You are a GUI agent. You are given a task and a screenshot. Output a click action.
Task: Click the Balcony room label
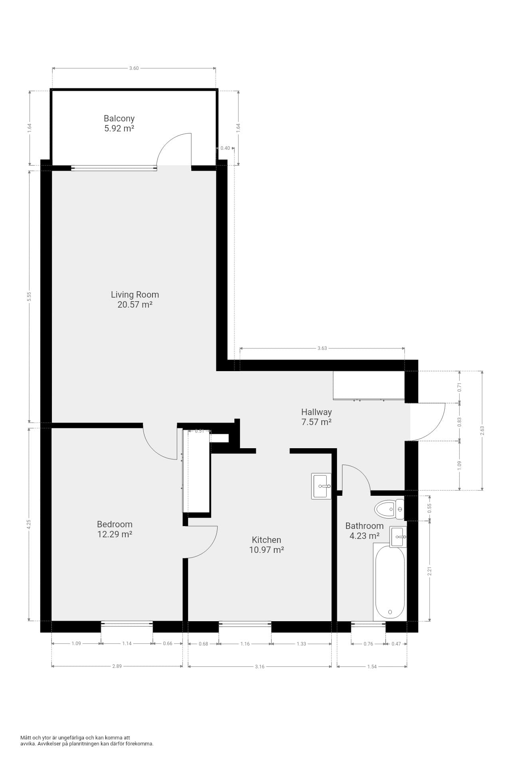(119, 118)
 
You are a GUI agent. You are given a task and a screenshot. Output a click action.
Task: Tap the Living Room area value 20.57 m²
(135, 305)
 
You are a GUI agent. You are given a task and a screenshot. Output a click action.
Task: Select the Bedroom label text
(115, 524)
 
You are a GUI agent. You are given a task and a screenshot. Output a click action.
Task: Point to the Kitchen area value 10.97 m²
(267, 550)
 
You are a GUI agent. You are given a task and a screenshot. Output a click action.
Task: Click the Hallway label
(317, 412)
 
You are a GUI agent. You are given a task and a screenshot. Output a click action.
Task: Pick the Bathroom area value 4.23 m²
(364, 536)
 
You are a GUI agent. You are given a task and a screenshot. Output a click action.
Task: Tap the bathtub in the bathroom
(390, 582)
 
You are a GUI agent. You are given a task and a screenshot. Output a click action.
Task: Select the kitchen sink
(321, 486)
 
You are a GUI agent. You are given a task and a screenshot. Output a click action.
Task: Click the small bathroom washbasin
(398, 537)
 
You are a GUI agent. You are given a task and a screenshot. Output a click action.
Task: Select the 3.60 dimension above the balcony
(134, 68)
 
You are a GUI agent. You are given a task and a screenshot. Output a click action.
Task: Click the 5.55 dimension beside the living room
(29, 296)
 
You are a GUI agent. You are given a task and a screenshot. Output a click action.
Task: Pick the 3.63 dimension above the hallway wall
(322, 348)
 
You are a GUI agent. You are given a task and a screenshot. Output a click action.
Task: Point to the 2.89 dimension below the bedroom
(117, 666)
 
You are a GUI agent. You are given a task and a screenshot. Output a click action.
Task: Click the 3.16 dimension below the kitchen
(259, 666)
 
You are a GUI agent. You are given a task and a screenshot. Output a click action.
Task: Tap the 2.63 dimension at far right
(482, 430)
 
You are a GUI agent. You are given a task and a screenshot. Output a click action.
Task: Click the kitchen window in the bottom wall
(245, 624)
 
